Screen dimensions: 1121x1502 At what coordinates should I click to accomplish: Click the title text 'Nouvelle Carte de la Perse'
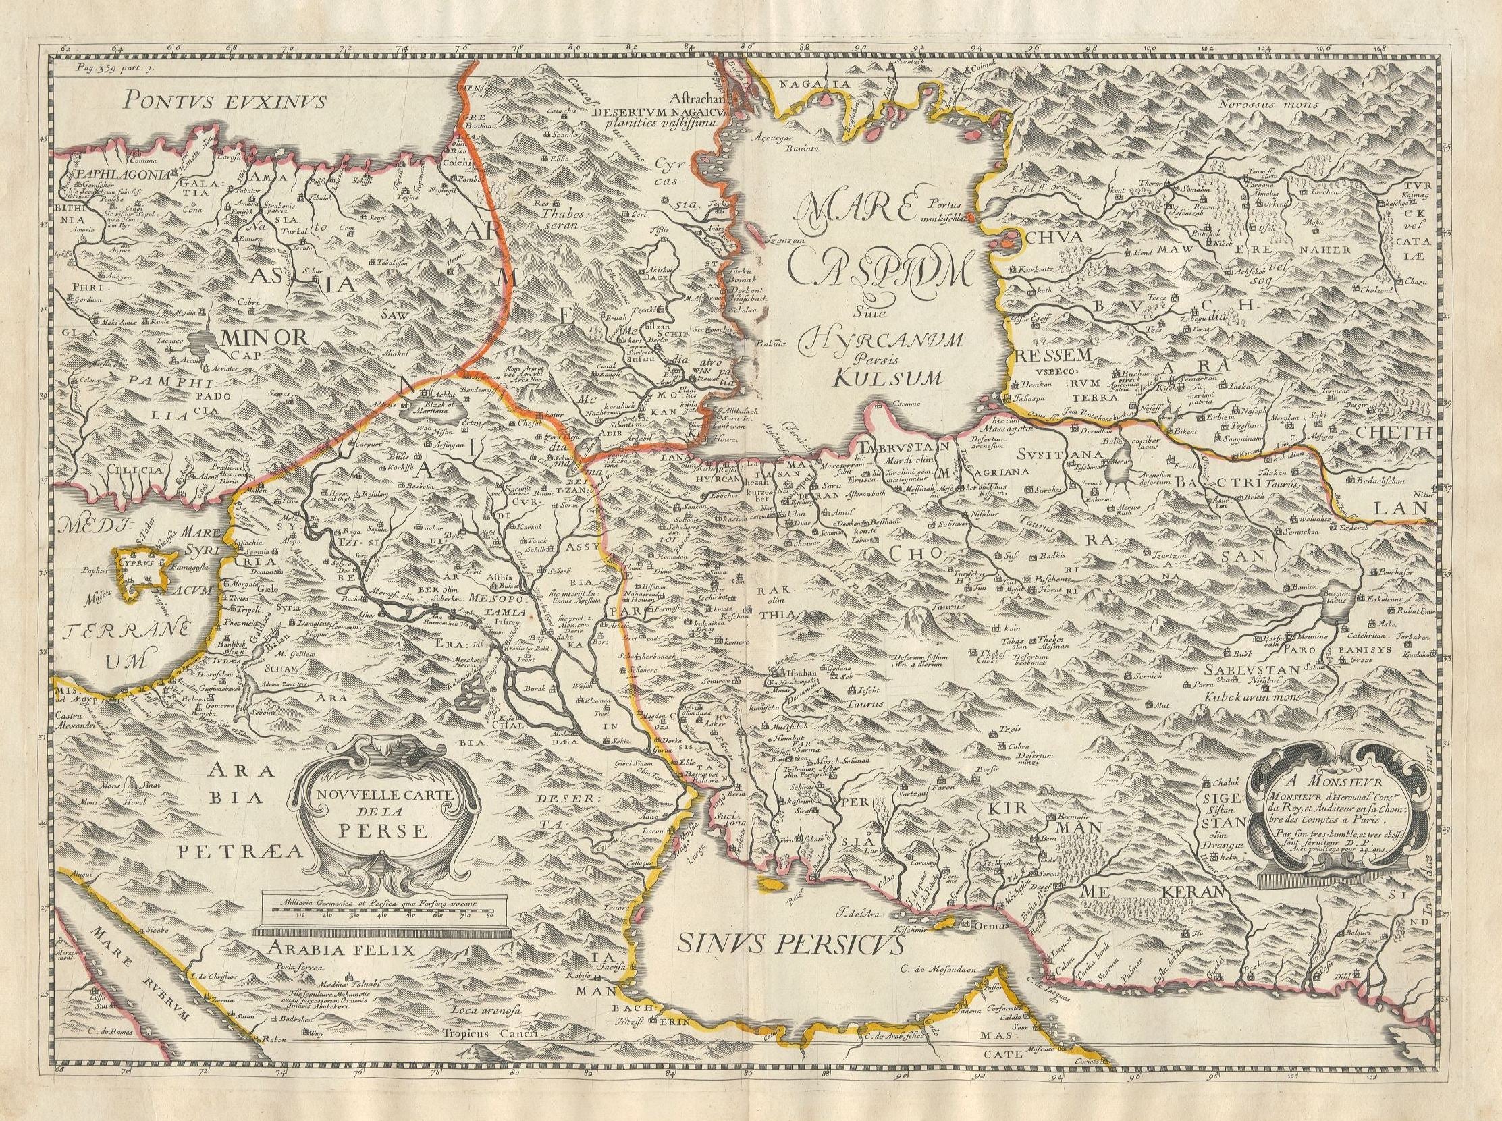[385, 811]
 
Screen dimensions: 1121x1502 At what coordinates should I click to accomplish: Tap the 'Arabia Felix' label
[340, 949]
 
